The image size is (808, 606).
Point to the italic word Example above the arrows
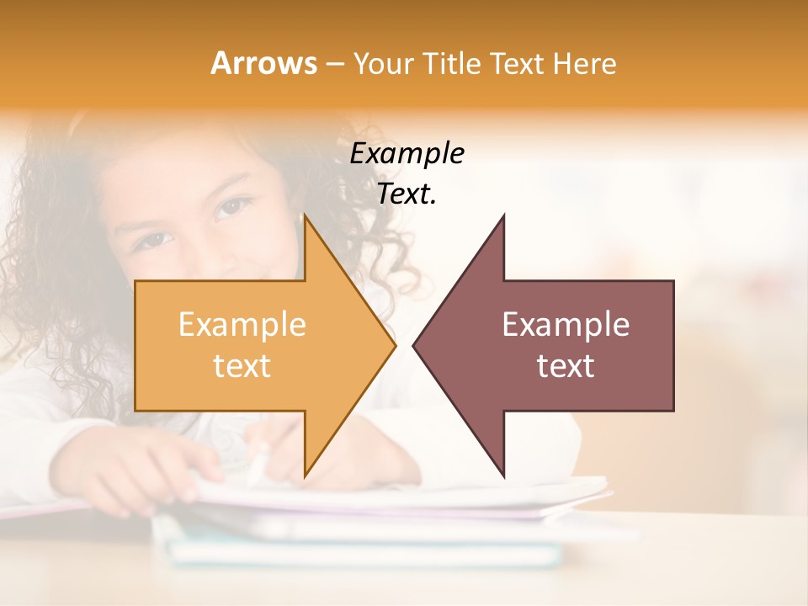(x=407, y=153)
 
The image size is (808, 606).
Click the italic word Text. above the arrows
(x=407, y=194)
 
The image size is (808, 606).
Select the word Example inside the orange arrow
(x=242, y=324)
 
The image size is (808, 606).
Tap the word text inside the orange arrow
(x=242, y=365)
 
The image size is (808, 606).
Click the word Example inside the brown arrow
(x=566, y=324)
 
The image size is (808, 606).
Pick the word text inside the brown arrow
(x=566, y=365)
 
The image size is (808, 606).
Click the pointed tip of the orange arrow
(x=395, y=345)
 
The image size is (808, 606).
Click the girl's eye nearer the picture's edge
(x=151, y=241)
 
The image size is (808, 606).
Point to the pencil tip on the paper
(x=253, y=480)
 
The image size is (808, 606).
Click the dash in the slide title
(x=334, y=64)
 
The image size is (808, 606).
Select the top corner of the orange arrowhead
(x=305, y=216)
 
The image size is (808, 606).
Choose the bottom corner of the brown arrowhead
(x=503, y=476)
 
